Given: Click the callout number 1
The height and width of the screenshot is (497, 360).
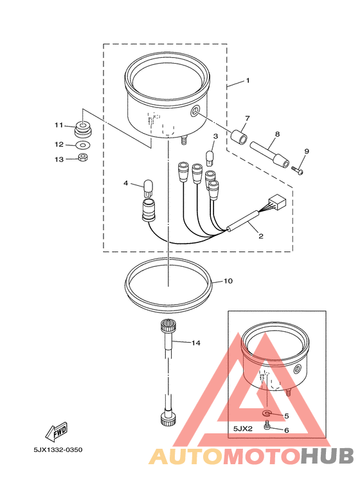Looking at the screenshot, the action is (248, 80).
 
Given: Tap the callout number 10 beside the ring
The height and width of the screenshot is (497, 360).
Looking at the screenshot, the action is (228, 281).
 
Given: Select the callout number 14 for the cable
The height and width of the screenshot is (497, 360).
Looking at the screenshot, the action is (196, 343).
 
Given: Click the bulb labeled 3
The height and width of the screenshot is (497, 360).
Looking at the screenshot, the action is (210, 158).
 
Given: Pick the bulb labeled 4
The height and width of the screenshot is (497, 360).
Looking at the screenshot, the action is (148, 188).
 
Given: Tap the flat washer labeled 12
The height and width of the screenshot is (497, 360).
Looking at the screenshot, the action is (83, 145).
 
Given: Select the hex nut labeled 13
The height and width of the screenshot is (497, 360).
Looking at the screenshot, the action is (83, 157).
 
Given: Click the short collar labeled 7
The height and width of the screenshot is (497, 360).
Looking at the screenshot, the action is (239, 136).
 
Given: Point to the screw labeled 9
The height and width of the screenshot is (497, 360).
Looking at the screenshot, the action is (297, 170).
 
